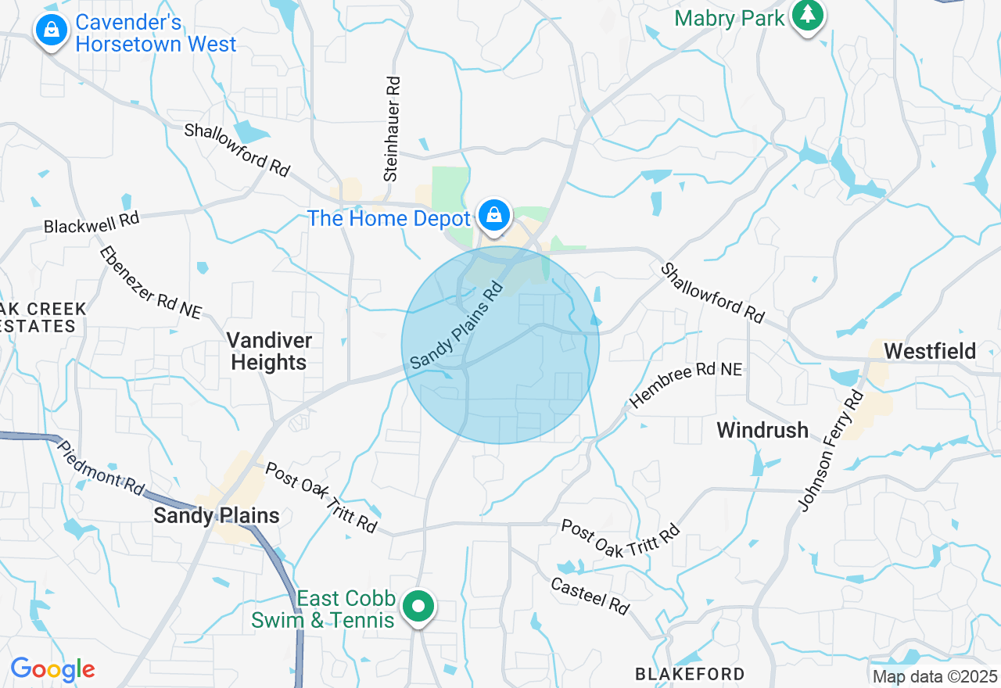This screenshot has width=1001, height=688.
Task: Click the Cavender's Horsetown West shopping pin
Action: click(51, 30)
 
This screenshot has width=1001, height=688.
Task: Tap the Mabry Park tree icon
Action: click(807, 14)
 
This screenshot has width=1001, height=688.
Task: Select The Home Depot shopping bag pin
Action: click(493, 215)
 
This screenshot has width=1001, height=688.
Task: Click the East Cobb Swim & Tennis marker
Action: click(419, 607)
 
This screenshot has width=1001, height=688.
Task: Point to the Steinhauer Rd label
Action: click(392, 129)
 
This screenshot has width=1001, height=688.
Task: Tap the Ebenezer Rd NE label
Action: click(150, 282)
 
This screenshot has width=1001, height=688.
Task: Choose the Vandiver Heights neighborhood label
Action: click(269, 351)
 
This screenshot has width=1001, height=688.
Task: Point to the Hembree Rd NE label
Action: click(686, 384)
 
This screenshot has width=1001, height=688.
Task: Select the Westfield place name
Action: click(931, 351)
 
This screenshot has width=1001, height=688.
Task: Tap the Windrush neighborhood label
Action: click(762, 429)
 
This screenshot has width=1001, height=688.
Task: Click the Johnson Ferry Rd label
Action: click(831, 451)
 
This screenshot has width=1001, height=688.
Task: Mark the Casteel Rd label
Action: click(590, 596)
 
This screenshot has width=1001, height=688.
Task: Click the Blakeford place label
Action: click(690, 674)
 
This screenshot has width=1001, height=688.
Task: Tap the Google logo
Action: click(52, 670)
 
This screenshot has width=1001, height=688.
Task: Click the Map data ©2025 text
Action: click(935, 676)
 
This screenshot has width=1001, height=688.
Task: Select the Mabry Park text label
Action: click(729, 18)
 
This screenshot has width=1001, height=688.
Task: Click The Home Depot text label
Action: click(389, 218)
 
